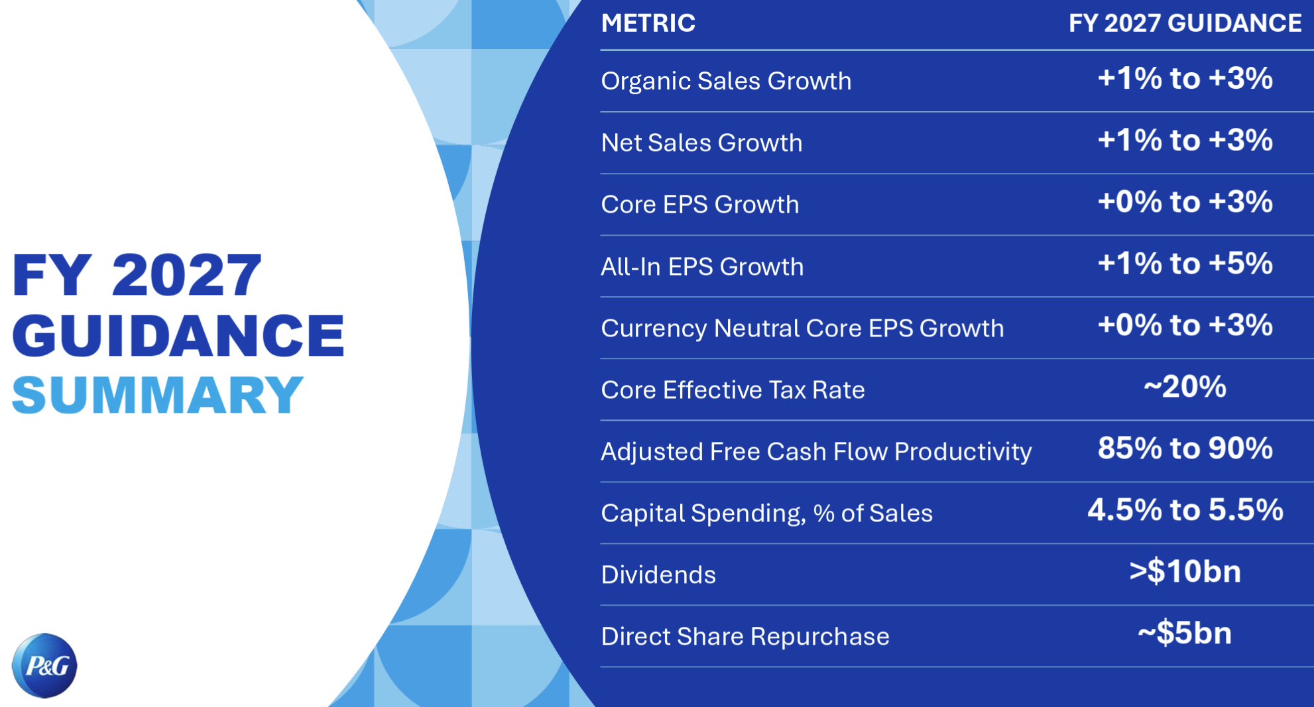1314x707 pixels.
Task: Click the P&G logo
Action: pyautogui.click(x=44, y=665)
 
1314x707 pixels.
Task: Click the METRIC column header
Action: pyautogui.click(x=648, y=23)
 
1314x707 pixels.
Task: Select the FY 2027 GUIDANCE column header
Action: pyautogui.click(x=1185, y=23)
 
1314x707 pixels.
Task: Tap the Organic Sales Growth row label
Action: pyautogui.click(x=726, y=81)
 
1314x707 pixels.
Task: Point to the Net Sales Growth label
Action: pyautogui.click(x=701, y=142)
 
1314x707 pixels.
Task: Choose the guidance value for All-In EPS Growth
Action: pyautogui.click(x=1185, y=264)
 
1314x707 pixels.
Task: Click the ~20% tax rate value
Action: pyautogui.click(x=1185, y=387)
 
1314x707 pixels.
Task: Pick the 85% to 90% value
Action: pyautogui.click(x=1185, y=449)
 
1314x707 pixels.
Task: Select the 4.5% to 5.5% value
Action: pyautogui.click(x=1185, y=510)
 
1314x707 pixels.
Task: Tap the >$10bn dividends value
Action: pyautogui.click(x=1185, y=572)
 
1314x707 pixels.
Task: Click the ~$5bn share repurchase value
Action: pyautogui.click(x=1185, y=633)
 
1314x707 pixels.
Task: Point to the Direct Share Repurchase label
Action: pyautogui.click(x=745, y=636)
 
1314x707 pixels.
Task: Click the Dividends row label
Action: pyautogui.click(x=658, y=574)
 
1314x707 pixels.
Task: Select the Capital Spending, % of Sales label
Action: pyautogui.click(x=766, y=514)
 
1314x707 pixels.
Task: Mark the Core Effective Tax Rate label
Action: pyautogui.click(x=733, y=390)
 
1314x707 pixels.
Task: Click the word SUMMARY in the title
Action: pyautogui.click(x=158, y=395)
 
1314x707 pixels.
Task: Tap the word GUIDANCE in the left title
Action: pyautogui.click(x=178, y=335)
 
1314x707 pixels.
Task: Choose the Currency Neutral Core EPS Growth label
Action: pyautogui.click(x=802, y=328)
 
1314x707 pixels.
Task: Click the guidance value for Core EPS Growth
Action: pyautogui.click(x=1185, y=202)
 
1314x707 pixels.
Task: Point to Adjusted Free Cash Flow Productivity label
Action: pyautogui.click(x=816, y=451)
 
